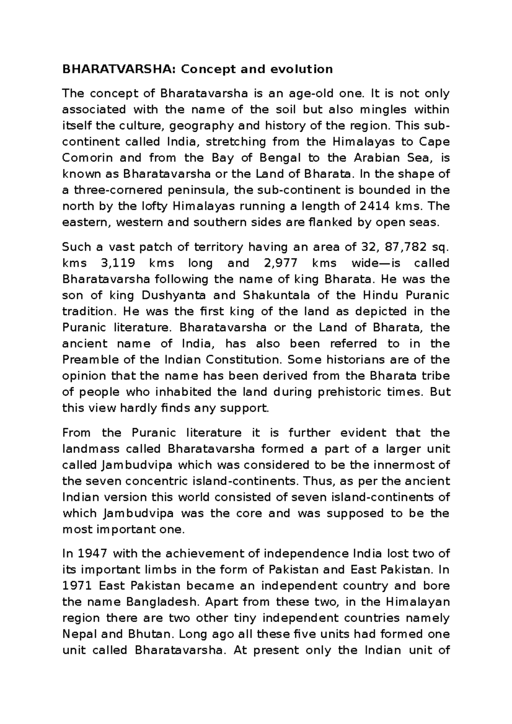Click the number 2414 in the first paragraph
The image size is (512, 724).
tap(375, 206)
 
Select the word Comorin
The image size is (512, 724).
tap(87, 158)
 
